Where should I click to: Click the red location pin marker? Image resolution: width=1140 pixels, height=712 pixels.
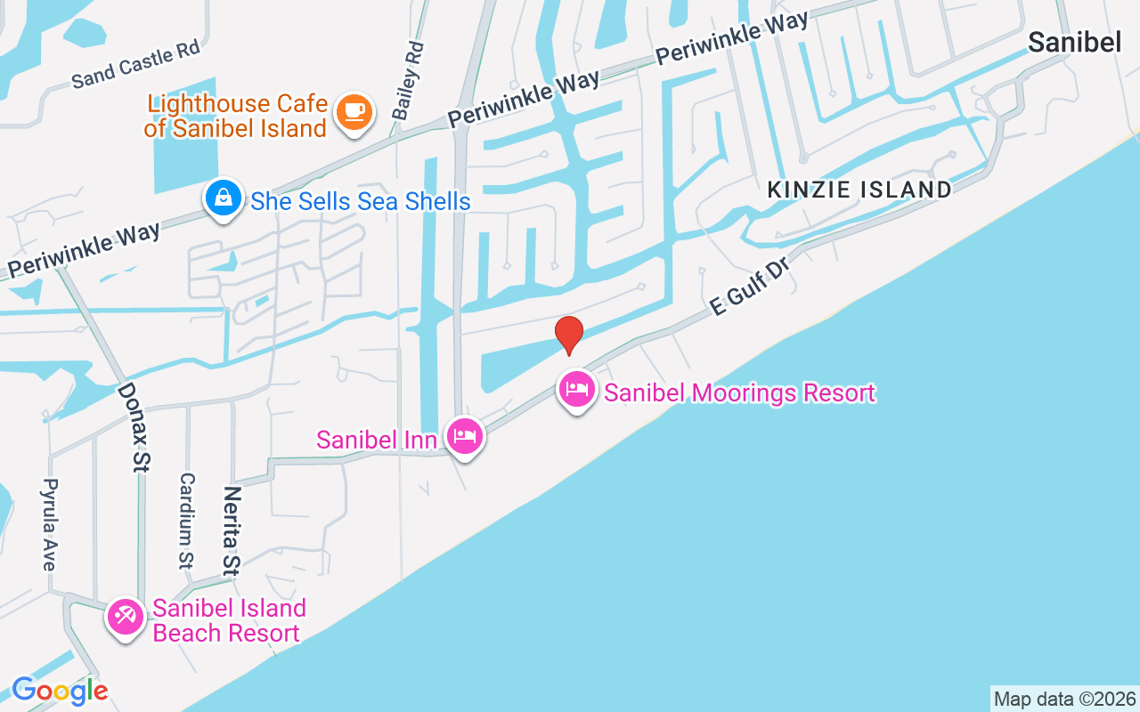(569, 335)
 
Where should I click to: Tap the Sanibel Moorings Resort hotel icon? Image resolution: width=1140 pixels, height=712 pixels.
(577, 390)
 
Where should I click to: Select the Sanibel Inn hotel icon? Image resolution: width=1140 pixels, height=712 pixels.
(465, 436)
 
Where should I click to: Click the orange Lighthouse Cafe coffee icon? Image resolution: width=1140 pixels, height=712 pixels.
(354, 113)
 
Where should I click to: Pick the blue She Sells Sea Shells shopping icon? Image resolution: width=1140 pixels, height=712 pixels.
(223, 198)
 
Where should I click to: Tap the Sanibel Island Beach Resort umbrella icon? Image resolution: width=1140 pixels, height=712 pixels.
(126, 617)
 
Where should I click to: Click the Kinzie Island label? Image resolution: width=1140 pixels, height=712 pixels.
(859, 190)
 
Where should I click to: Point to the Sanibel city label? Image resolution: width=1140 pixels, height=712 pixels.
(1074, 42)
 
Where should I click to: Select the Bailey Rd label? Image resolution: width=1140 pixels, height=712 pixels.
(406, 79)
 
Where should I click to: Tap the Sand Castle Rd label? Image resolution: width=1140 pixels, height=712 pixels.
(136, 64)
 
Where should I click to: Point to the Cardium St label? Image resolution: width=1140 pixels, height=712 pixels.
(186, 521)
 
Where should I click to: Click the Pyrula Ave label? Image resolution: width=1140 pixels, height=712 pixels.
(48, 525)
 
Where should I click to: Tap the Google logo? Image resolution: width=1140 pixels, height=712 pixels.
(60, 691)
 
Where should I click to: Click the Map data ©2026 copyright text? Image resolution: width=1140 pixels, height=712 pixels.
(1064, 699)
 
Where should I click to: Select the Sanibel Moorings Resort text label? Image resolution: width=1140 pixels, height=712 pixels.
(739, 392)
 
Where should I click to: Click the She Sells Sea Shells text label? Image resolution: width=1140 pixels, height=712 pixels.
(361, 201)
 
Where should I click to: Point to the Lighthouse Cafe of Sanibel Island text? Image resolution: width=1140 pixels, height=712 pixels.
(237, 117)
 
